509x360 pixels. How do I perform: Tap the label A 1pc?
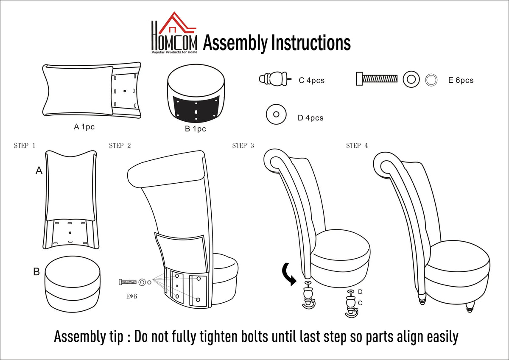[x=84, y=127]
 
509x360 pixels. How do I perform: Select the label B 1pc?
[x=196, y=129]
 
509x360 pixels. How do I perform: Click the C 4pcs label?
[x=311, y=81]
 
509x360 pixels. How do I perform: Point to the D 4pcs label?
[x=310, y=118]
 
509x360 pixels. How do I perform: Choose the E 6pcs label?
[x=461, y=80]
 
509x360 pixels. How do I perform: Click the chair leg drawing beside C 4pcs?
[x=275, y=79]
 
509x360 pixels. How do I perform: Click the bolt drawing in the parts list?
[x=377, y=79]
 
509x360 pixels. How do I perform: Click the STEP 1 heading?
[x=25, y=145]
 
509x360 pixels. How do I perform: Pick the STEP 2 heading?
[x=120, y=145]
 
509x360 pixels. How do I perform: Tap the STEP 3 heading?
[x=243, y=145]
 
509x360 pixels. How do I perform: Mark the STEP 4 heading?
[x=357, y=145]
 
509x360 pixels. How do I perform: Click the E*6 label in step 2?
[x=131, y=296]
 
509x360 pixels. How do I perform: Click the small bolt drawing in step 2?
[x=128, y=282]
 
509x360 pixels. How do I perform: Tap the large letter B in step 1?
[x=36, y=272]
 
